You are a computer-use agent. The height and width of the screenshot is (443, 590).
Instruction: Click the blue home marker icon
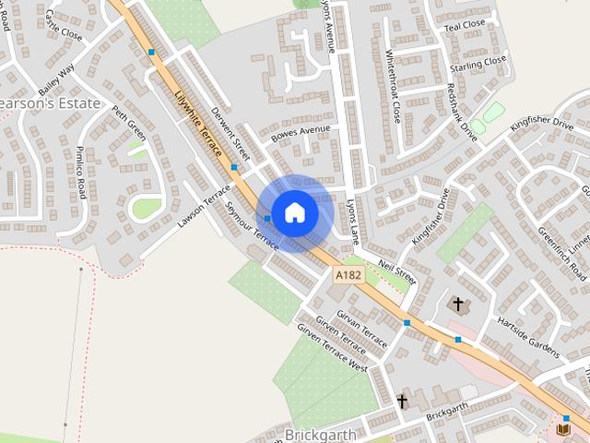pos(295,212)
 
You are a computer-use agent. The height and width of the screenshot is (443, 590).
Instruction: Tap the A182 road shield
pos(348,275)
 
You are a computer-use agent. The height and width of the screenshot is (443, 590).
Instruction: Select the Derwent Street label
pos(230,131)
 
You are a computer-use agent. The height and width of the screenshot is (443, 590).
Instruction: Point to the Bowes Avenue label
pos(300,136)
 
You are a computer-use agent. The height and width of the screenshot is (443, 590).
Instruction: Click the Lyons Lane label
pos(352,221)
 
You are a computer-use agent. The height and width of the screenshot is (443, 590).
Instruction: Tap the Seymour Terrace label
pos(251,226)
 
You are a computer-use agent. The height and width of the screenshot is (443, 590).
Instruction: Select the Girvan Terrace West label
pos(331,354)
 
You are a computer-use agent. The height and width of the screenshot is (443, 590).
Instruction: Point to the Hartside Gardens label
pos(528,337)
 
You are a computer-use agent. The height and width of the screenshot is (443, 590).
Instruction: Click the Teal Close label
pos(464,25)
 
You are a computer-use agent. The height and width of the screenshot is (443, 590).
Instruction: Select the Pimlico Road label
pos(80,171)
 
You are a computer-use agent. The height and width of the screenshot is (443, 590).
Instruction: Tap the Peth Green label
pos(130,124)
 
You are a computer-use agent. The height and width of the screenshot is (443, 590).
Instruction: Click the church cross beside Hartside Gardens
pos(457,303)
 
